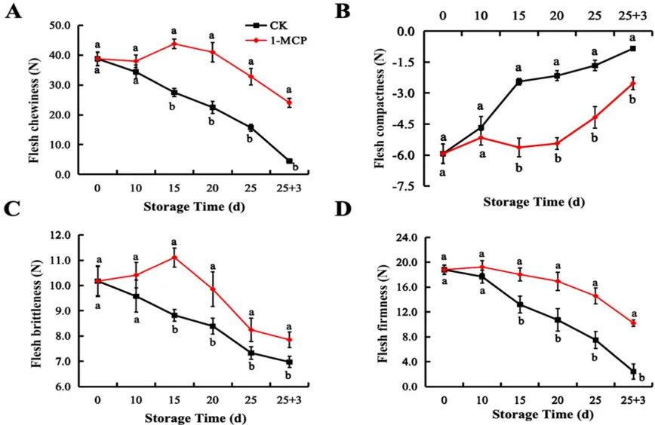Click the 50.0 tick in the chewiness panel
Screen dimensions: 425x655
[x=59, y=26]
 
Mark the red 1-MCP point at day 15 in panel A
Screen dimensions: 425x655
[x=174, y=44]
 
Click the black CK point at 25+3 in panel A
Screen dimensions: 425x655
[x=289, y=161]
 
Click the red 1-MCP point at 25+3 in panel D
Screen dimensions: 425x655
[x=632, y=323]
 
